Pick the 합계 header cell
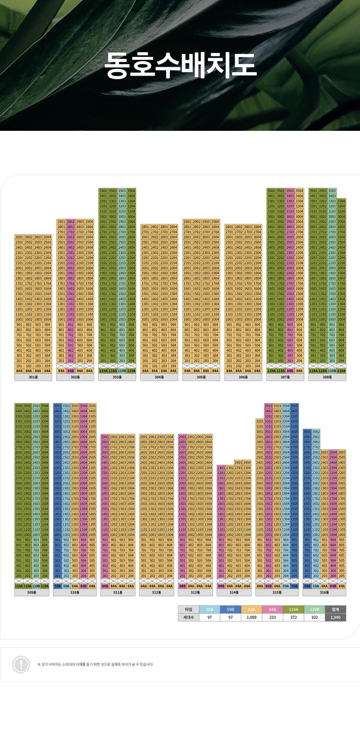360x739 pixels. pyautogui.click(x=335, y=609)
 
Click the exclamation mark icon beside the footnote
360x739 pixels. pyautogui.click(x=21, y=664)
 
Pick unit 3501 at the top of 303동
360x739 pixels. pyautogui.click(x=103, y=191)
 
